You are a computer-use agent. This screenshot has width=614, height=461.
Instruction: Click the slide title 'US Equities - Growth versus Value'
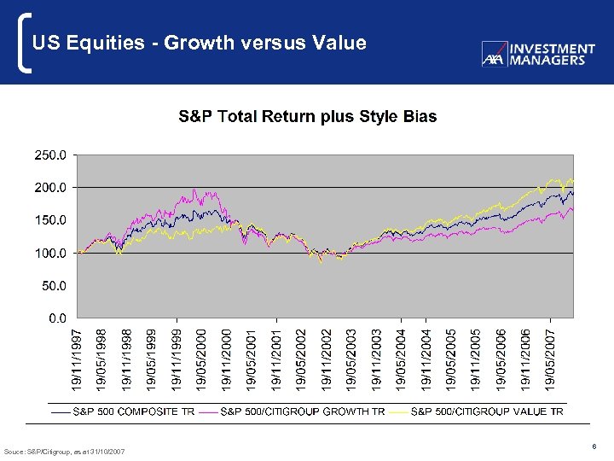click(199, 43)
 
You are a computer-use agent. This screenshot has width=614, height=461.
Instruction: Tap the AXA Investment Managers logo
click(538, 54)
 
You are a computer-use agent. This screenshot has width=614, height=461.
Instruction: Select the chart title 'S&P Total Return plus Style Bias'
click(307, 116)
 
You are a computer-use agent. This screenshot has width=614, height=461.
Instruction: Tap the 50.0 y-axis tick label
click(53, 285)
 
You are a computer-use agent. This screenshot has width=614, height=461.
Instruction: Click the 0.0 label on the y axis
click(56, 318)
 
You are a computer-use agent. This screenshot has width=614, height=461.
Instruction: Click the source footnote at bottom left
click(64, 451)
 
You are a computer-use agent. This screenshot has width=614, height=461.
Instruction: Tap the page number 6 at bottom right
click(592, 445)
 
